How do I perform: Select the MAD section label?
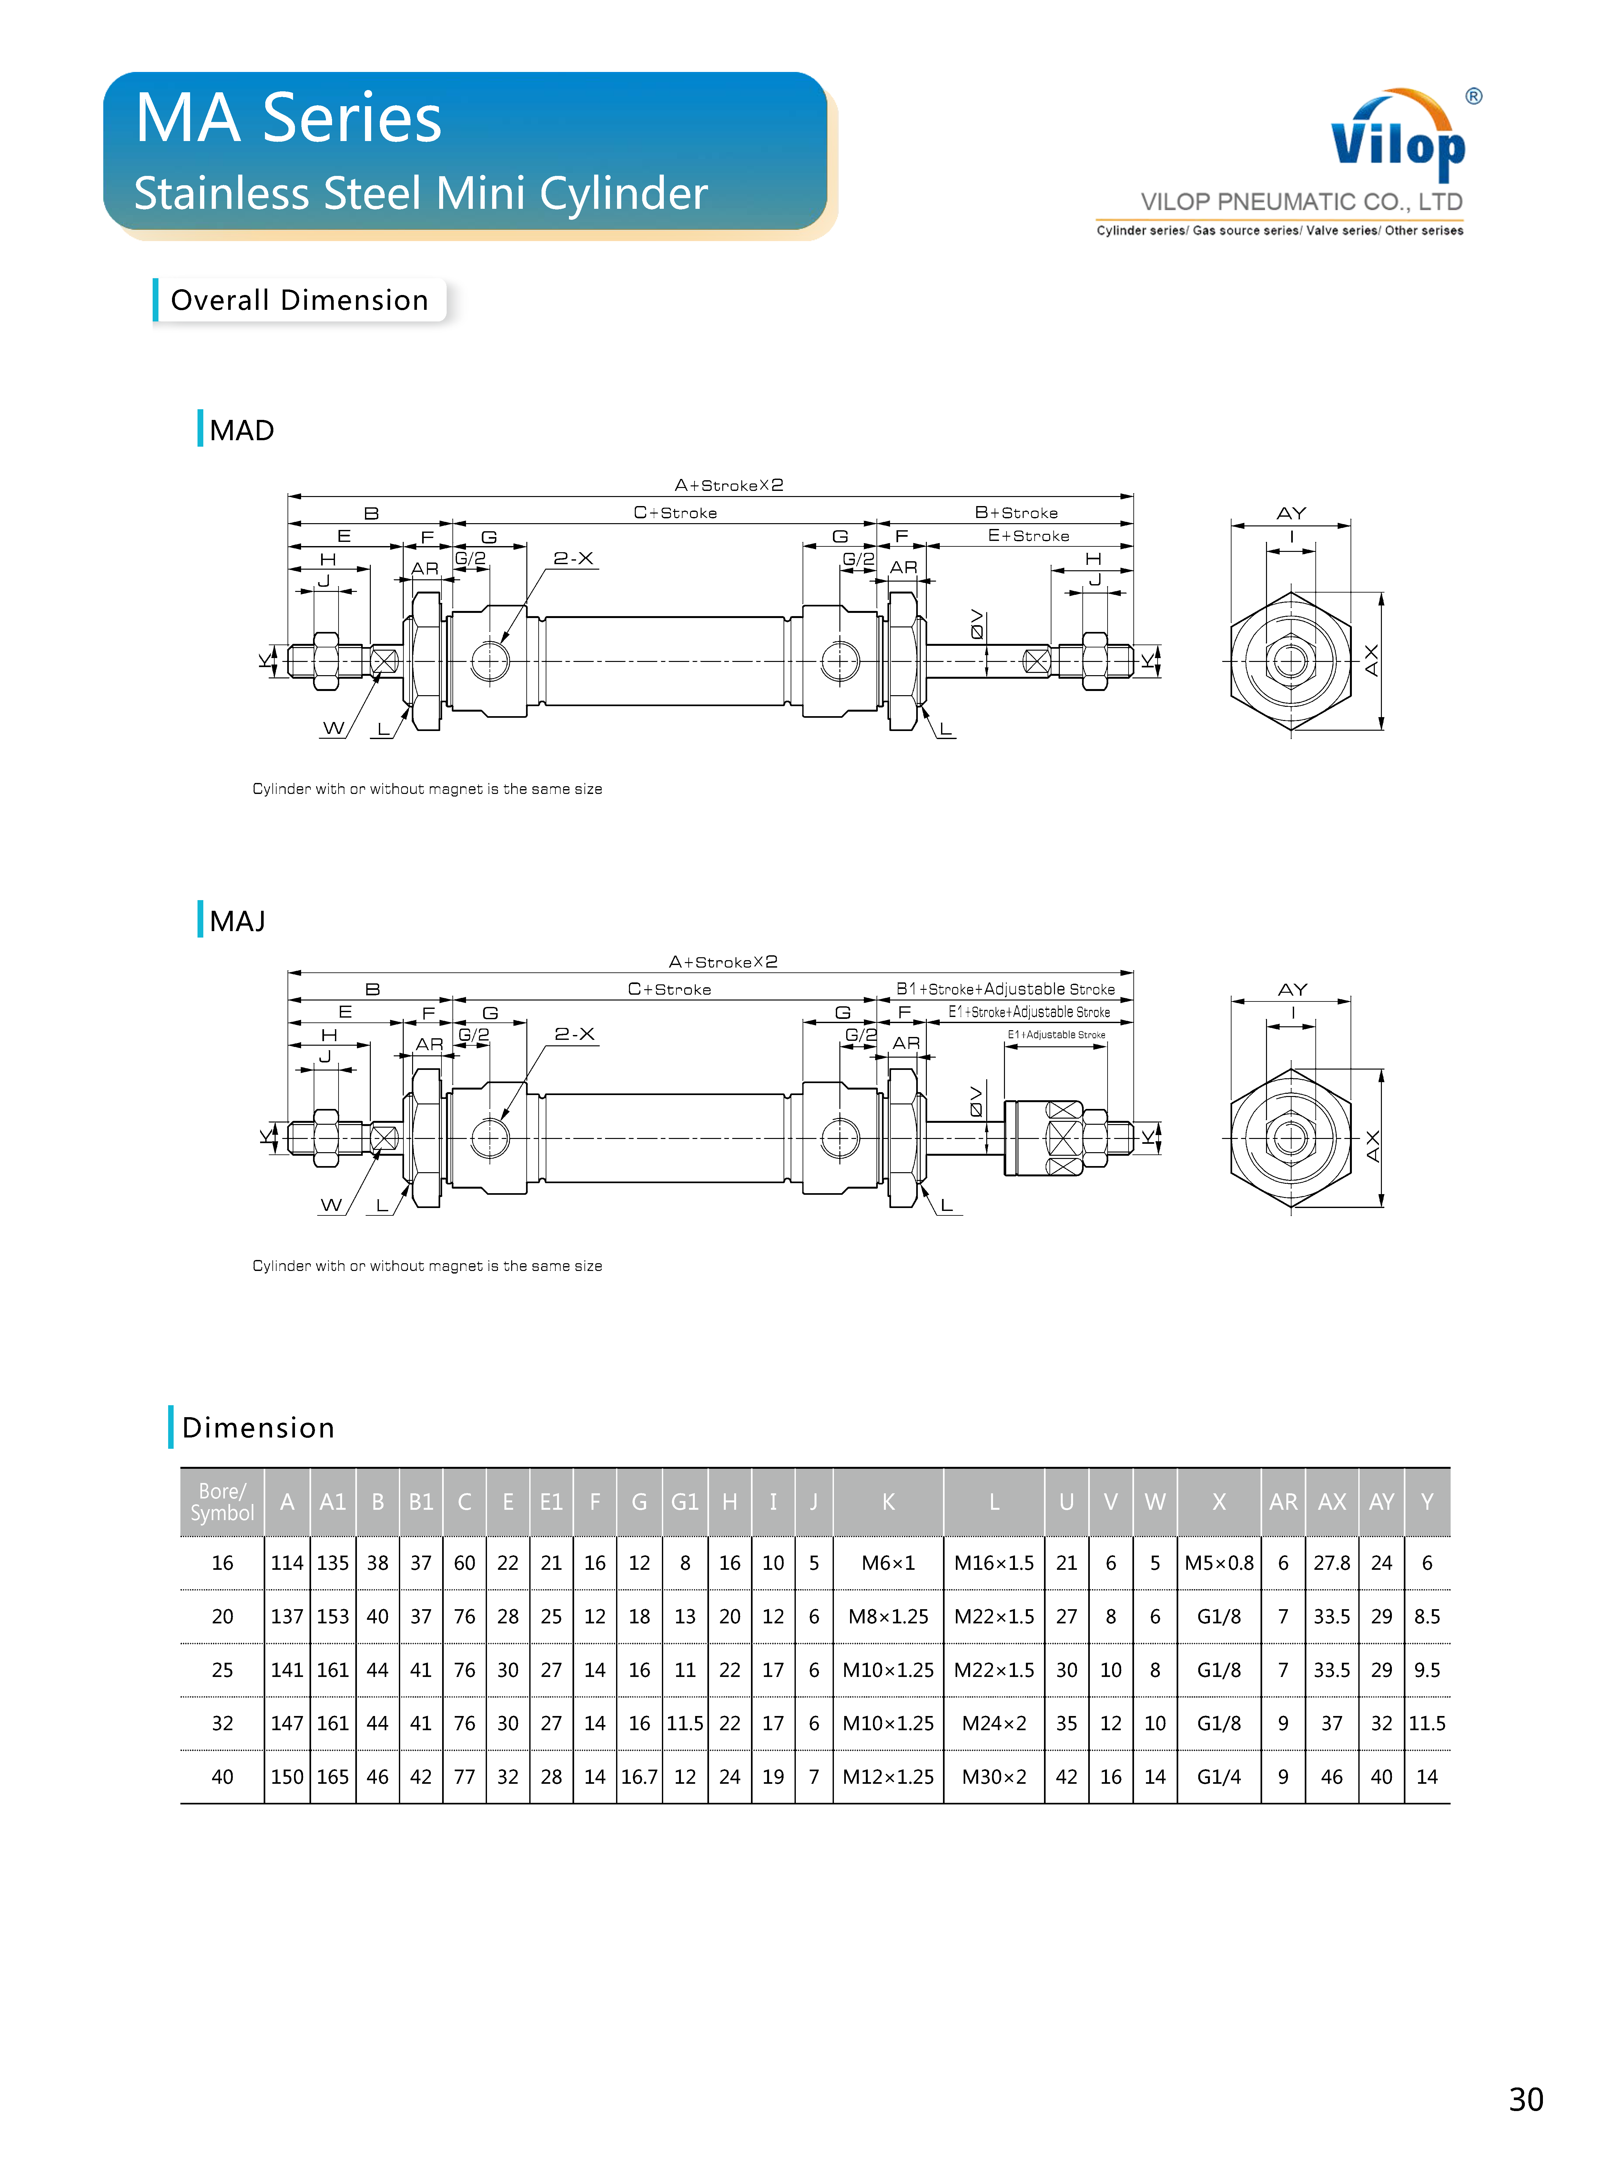tap(241, 430)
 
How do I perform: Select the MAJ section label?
tap(238, 921)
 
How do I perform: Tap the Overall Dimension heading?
tap(299, 300)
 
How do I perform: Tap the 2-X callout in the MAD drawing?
tap(573, 558)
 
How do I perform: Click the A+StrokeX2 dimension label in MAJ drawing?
tap(723, 961)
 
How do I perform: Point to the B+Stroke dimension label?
tap(1016, 513)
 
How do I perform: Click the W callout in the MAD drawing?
tap(333, 728)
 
